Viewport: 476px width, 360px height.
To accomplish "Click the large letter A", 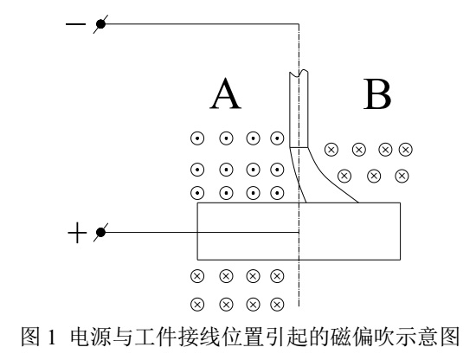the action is pyautogui.click(x=226, y=93).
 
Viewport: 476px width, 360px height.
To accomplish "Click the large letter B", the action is pyautogui.click(x=377, y=94).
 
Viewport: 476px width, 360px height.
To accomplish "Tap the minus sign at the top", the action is pyautogui.click(x=76, y=23).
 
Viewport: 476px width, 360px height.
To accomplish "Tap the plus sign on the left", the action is pyautogui.click(x=77, y=233).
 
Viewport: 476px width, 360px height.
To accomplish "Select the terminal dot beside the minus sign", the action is pyautogui.click(x=100, y=23).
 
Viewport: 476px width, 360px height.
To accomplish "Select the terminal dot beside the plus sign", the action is pyautogui.click(x=100, y=233).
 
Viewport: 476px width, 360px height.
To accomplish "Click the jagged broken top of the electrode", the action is pyautogui.click(x=299, y=73).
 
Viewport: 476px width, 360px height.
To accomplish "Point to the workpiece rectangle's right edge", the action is pyautogui.click(x=400, y=231).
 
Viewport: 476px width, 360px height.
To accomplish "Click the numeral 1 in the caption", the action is pyautogui.click(x=52, y=337).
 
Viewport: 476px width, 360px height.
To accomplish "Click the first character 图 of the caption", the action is pyautogui.click(x=30, y=337).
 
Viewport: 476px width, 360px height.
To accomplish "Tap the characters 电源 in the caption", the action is pyautogui.click(x=91, y=337).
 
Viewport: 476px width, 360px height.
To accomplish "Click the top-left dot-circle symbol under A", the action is pyautogui.click(x=197, y=138).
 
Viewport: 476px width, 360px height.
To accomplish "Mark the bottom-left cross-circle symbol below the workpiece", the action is pyautogui.click(x=197, y=304).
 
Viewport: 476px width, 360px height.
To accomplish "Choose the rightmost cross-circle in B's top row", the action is pyautogui.click(x=406, y=150).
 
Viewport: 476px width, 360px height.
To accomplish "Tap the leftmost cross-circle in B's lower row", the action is pyautogui.click(x=344, y=176).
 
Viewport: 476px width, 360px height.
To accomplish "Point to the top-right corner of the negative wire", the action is pyautogui.click(x=299, y=23).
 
